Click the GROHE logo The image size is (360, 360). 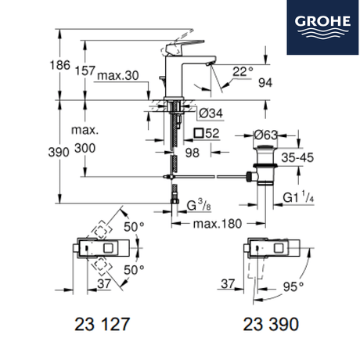coord(322,27)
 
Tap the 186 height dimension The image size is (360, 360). coord(60,65)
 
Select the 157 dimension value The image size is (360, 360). coord(85,70)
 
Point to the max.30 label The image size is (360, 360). coord(118,76)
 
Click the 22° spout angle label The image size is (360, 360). coord(243,71)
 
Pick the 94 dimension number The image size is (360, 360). coord(265,83)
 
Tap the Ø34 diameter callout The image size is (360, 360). coord(211,113)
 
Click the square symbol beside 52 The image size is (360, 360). coord(199,133)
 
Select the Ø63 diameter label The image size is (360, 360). coord(266,135)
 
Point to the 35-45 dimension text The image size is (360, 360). coord(297,157)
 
